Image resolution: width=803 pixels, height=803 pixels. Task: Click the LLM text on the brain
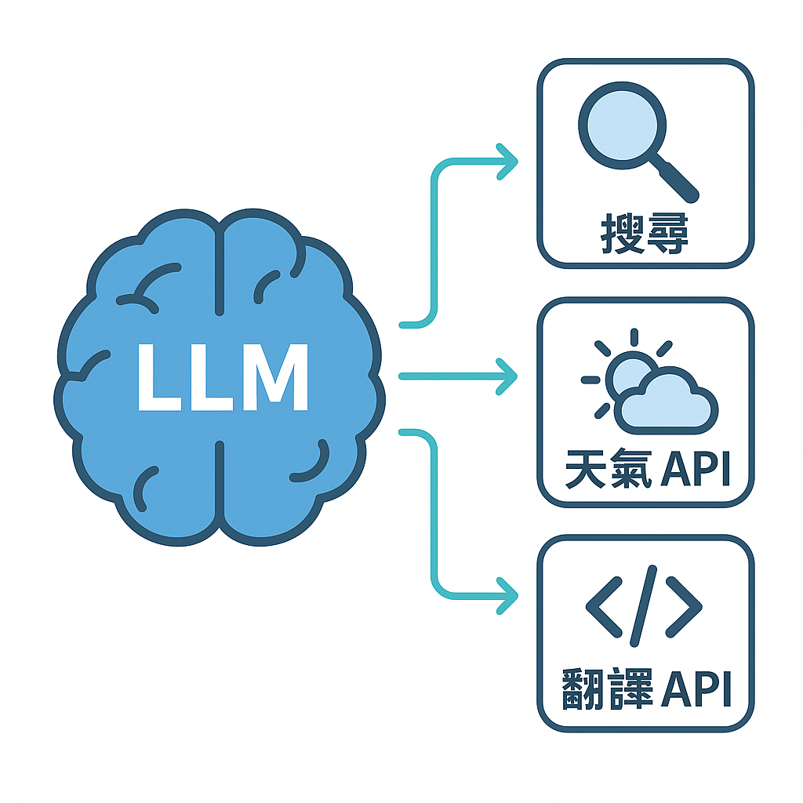pos(222,377)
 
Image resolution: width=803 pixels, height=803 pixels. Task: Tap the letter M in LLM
pos(274,377)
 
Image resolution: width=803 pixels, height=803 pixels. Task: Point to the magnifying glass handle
pos(676,180)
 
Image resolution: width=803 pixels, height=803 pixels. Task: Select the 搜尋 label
pos(645,234)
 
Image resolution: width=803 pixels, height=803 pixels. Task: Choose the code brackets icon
pos(644,608)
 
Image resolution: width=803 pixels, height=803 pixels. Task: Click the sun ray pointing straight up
pos(634,338)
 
